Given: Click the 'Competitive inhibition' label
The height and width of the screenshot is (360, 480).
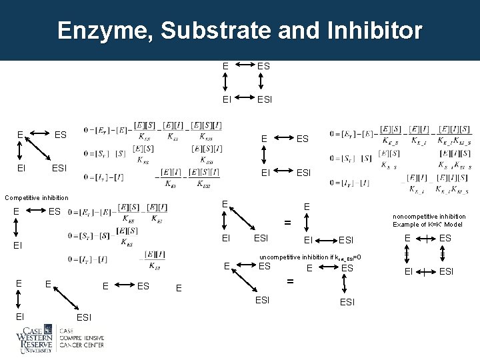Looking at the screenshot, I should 37,197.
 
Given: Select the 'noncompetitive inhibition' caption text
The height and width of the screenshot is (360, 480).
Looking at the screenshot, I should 429,217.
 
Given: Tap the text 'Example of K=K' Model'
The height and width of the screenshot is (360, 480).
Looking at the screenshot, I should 429,225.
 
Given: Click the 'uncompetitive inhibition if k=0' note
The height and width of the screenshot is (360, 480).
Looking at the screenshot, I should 311,257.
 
